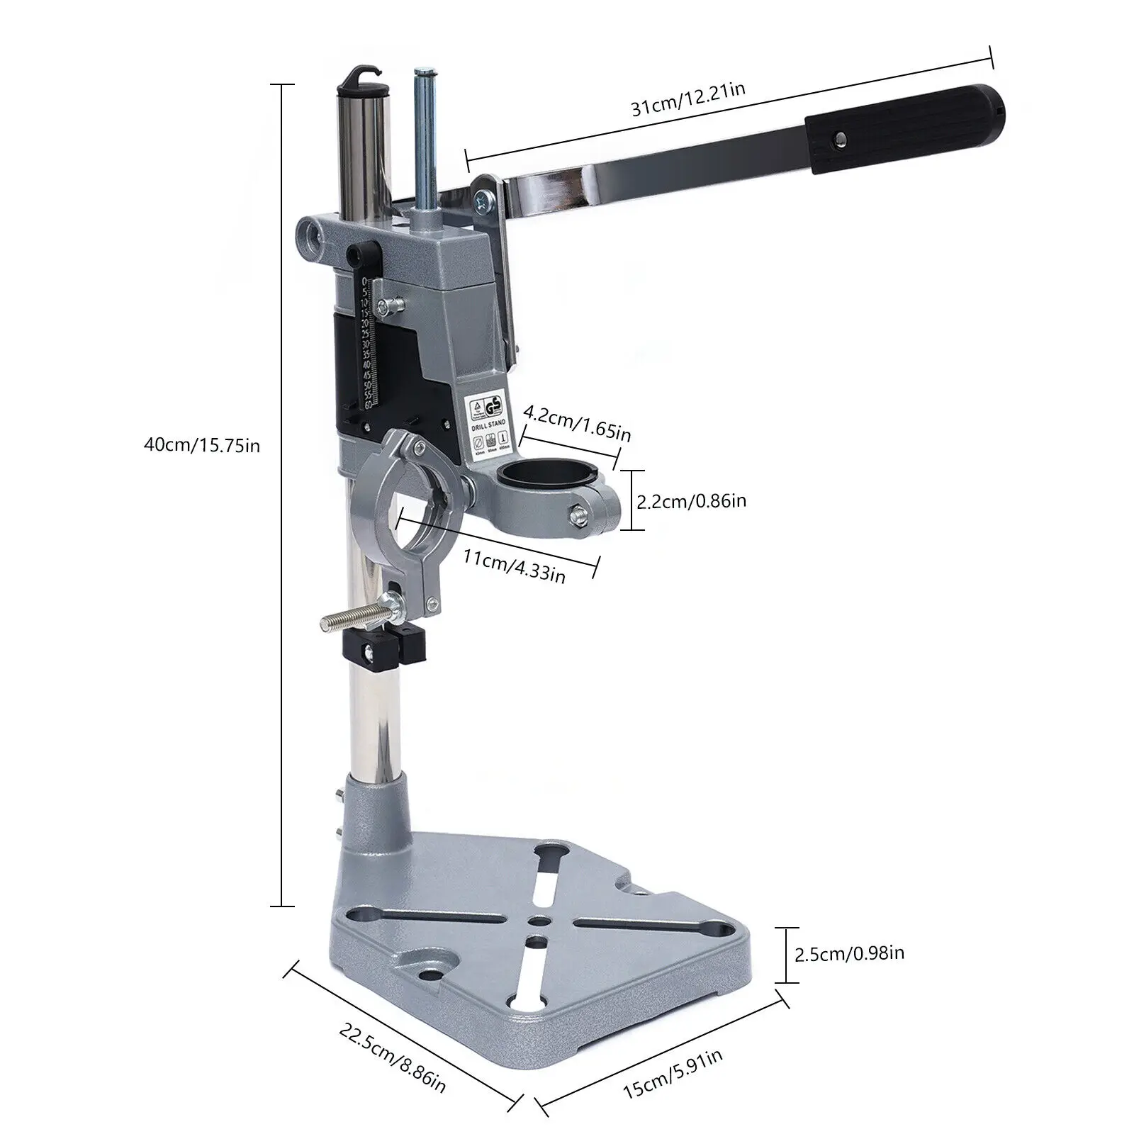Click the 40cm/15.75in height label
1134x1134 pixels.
click(201, 445)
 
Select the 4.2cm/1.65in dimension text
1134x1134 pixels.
click(576, 422)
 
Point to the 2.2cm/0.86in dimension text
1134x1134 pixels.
click(691, 501)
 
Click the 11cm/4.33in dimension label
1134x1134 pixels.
click(514, 564)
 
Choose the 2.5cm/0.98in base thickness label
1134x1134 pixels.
click(849, 954)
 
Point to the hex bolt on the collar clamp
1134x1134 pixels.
click(578, 515)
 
